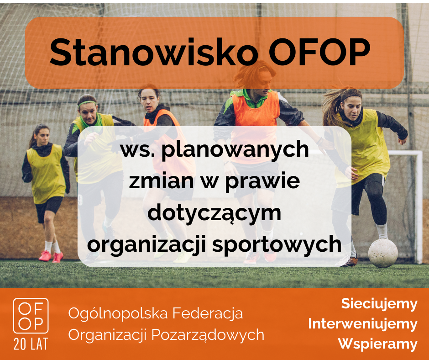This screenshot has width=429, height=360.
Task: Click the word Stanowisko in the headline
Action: click(153, 53)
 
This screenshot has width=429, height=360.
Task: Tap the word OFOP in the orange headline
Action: click(319, 53)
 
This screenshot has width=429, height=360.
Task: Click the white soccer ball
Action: click(383, 253)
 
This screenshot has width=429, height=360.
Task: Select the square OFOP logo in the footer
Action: click(31, 316)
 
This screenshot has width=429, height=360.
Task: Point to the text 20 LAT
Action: click(31, 344)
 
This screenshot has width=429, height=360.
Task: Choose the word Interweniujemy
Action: click(363, 324)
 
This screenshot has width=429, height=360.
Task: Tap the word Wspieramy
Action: click(378, 344)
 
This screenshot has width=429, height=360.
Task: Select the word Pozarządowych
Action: click(208, 335)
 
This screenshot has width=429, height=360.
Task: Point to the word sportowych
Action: click(277, 245)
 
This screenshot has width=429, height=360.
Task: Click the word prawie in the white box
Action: click(262, 182)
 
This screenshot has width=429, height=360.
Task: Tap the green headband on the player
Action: click(87, 103)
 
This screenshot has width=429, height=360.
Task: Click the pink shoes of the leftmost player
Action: click(51, 256)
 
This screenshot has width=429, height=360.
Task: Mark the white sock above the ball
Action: click(382, 232)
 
